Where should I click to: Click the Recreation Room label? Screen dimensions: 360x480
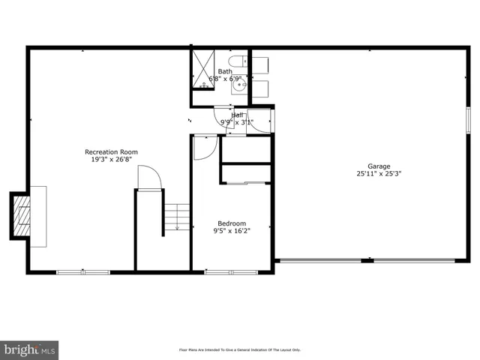(111, 152)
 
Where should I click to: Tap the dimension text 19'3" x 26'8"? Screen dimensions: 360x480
(111, 160)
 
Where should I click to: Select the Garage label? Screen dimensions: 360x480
(379, 166)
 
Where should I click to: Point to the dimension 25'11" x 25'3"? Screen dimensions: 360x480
(379, 173)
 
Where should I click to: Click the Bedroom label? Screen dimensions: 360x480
(232, 223)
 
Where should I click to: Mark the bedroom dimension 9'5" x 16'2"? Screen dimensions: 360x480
(232, 231)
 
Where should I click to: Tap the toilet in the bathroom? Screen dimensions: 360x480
(237, 61)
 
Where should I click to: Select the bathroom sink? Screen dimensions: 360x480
(239, 86)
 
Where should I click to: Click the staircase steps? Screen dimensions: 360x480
(178, 217)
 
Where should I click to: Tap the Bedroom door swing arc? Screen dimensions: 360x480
(204, 147)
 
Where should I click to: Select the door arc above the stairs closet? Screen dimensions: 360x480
(149, 178)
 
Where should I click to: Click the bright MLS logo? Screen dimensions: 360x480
(30, 349)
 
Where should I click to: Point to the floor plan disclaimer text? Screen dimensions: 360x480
(239, 350)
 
